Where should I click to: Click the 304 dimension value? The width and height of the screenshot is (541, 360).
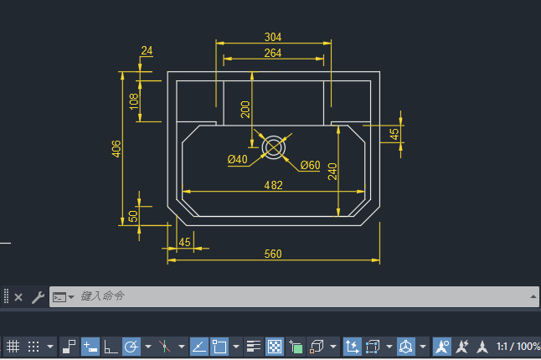pyautogui.click(x=273, y=37)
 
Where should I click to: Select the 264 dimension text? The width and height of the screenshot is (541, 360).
pyautogui.click(x=273, y=53)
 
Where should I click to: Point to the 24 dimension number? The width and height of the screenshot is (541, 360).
pyautogui.click(x=147, y=51)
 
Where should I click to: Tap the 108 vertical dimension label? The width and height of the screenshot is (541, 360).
pyautogui.click(x=134, y=101)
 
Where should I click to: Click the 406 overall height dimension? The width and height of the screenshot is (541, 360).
pyautogui.click(x=116, y=149)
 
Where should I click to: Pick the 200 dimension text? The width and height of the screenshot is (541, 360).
pyautogui.click(x=245, y=110)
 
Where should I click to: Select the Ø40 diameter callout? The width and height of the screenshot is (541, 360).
pyautogui.click(x=237, y=159)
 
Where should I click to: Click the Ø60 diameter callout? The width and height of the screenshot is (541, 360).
pyautogui.click(x=310, y=165)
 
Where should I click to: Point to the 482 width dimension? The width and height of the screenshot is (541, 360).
pyautogui.click(x=273, y=185)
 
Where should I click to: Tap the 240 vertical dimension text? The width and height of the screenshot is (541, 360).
pyautogui.click(x=332, y=172)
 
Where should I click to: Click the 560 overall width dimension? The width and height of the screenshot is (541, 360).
pyautogui.click(x=273, y=254)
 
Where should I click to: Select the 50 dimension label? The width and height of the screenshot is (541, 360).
pyautogui.click(x=133, y=216)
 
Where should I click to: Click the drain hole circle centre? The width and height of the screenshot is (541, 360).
pyautogui.click(x=274, y=147)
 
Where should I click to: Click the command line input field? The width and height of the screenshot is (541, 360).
pyautogui.click(x=294, y=296)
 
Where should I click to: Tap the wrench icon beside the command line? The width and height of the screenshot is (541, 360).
pyautogui.click(x=38, y=297)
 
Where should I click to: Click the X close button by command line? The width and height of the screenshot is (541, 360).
pyautogui.click(x=18, y=297)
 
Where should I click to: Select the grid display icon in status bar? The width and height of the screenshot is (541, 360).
pyautogui.click(x=13, y=347)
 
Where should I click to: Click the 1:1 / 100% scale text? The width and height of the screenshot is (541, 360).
pyautogui.click(x=518, y=347)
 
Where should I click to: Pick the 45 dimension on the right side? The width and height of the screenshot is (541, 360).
pyautogui.click(x=394, y=134)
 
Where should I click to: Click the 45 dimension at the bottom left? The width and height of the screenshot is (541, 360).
pyautogui.click(x=184, y=242)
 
